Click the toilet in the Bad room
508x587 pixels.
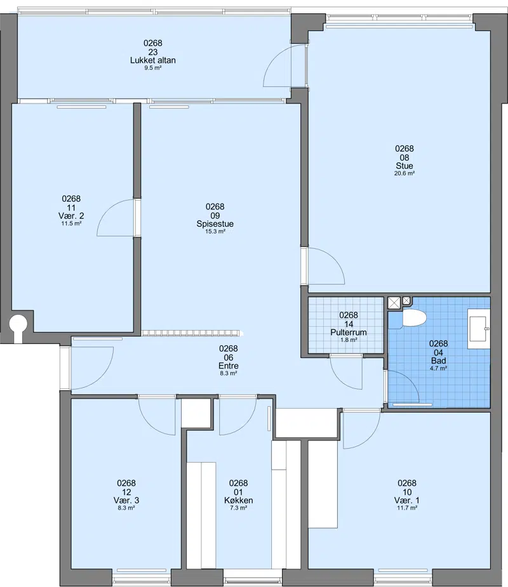click(413, 318)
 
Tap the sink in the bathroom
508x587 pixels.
click(479, 329)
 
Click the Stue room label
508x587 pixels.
click(404, 166)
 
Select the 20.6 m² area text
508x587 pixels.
click(404, 173)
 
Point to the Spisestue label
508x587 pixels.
click(215, 223)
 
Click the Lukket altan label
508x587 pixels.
click(153, 60)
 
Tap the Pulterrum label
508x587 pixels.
click(349, 332)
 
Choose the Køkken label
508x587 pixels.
click(239, 500)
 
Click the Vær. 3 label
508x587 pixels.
click(126, 500)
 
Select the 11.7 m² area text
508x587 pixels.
click(407, 508)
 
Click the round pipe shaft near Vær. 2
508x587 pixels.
click(18, 322)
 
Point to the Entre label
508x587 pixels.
click(229, 366)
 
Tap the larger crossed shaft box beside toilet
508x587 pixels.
click(394, 303)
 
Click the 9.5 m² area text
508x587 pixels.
click(153, 68)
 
